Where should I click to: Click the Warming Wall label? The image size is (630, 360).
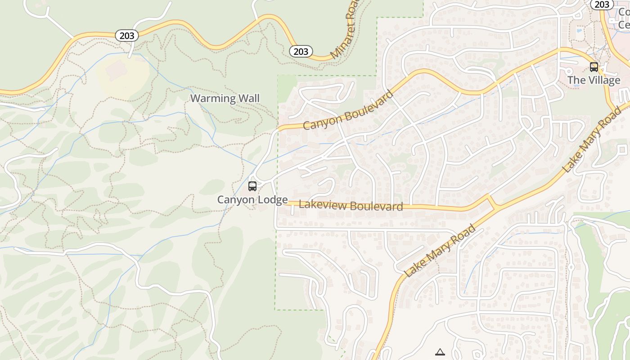point(225,98)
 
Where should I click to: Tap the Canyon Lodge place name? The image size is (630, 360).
point(252,199)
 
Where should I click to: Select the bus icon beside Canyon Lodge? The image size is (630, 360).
point(252,186)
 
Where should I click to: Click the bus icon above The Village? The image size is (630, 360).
point(594,67)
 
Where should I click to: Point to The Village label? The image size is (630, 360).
point(594,80)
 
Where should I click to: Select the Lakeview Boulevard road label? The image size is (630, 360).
point(351,206)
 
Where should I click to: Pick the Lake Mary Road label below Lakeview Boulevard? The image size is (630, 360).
point(440,250)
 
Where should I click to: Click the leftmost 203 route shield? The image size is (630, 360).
point(126,36)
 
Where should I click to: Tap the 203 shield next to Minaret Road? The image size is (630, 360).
point(301,51)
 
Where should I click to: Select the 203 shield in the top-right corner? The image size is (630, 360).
point(602,4)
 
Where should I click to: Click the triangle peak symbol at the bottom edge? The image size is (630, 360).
point(440,352)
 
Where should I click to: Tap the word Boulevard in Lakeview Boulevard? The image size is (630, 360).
point(376,207)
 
